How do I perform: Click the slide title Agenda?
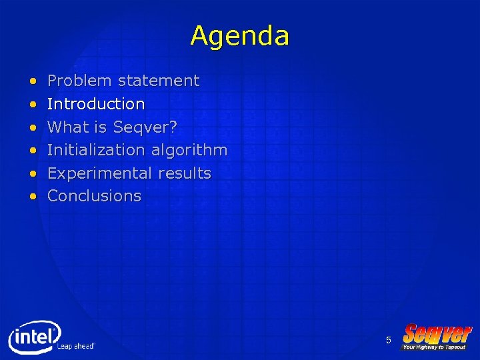(239, 35)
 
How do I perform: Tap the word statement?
(159, 81)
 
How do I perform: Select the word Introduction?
(96, 104)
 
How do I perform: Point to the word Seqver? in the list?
(145, 127)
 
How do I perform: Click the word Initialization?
(96, 150)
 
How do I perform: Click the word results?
(185, 173)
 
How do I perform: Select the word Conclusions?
(95, 196)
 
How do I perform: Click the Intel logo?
(33, 337)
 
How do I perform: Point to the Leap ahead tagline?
(76, 346)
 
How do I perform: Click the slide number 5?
(388, 341)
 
